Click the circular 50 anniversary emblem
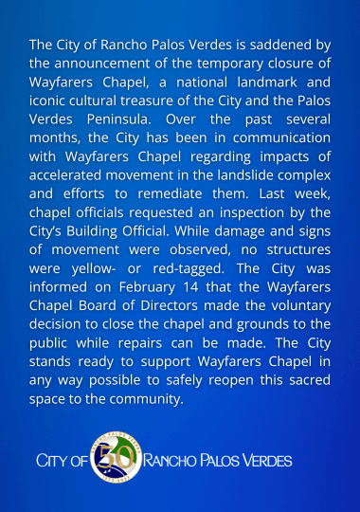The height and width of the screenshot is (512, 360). click(115, 460)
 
